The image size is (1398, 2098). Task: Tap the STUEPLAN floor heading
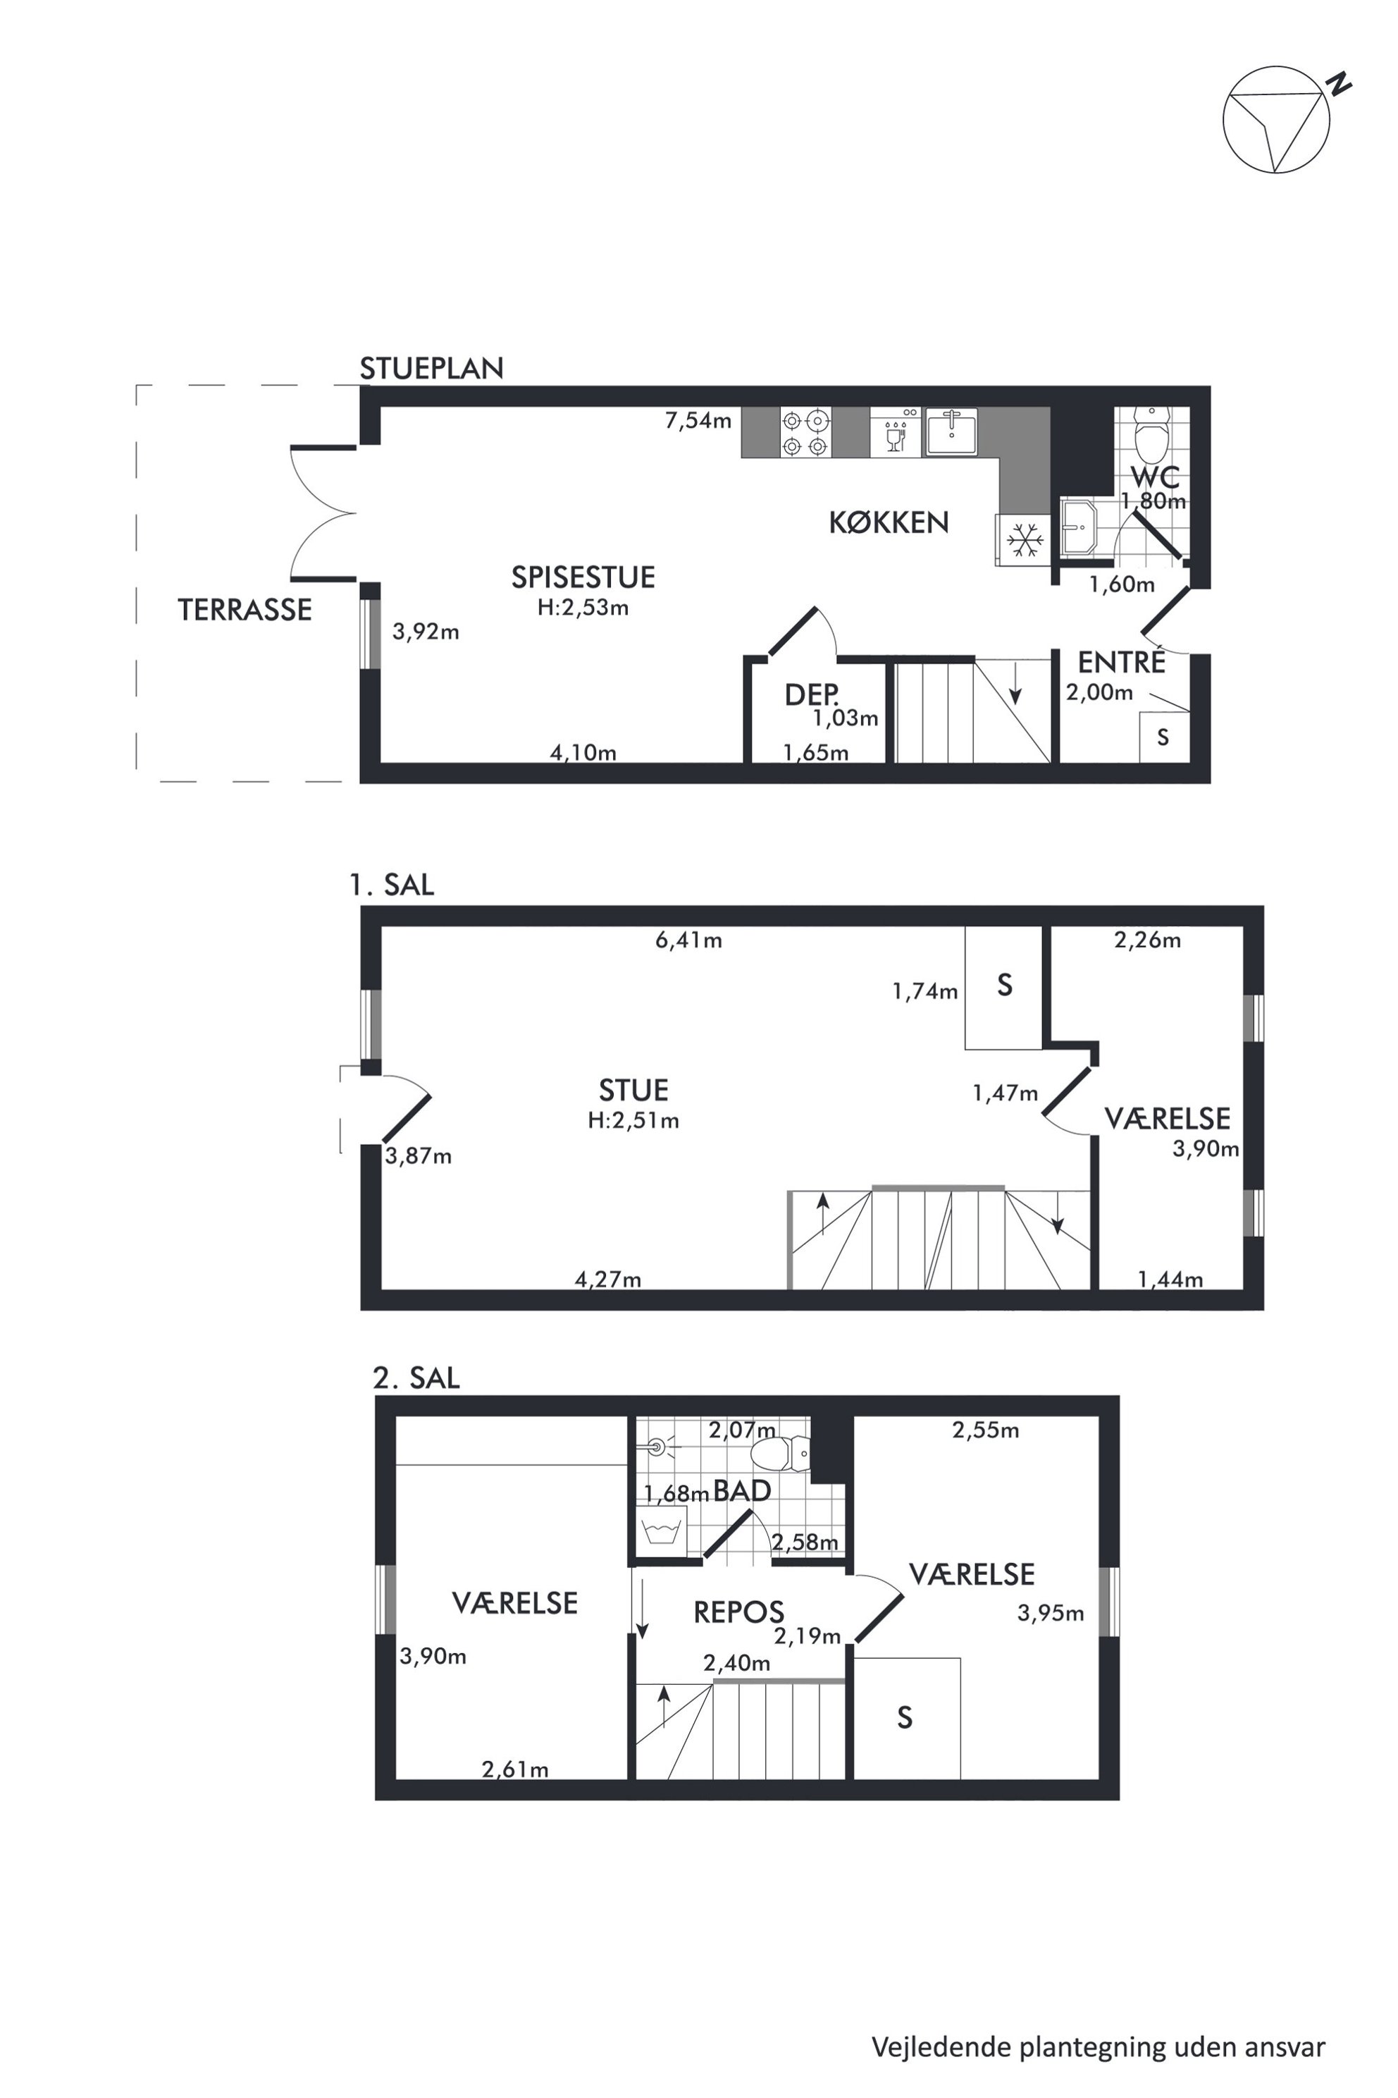431,369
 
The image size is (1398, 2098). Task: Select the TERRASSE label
245,610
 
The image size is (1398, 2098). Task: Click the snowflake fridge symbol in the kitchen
1025,541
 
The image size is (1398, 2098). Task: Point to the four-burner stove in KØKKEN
806,433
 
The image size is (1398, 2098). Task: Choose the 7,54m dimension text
698,420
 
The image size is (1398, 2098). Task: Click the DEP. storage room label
811,695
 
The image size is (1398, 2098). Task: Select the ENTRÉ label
1122,662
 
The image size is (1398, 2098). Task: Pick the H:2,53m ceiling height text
583,608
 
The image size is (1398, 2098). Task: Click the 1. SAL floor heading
391,885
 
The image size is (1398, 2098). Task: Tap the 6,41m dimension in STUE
688,940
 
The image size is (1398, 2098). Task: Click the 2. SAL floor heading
416,1378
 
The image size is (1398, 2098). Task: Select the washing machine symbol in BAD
661,1533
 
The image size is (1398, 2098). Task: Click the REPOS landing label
739,1612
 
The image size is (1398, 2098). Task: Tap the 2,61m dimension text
515,1769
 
